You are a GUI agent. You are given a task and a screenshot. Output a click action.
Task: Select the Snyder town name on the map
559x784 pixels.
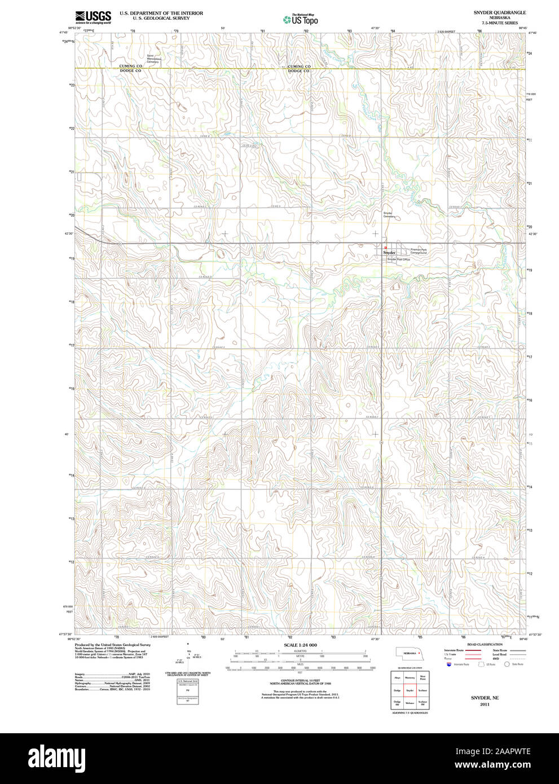point(389,253)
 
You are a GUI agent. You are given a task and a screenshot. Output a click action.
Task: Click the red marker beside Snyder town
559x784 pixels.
point(385,248)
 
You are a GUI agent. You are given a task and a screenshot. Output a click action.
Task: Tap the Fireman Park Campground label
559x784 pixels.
point(419,251)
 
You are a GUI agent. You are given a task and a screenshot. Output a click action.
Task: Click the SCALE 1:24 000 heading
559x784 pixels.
point(300,645)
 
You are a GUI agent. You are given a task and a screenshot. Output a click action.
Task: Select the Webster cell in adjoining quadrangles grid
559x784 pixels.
point(410,703)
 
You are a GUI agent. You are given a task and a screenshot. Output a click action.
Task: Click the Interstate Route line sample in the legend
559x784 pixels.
point(473,650)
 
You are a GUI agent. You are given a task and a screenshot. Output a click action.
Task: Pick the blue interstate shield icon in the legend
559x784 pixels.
point(449,665)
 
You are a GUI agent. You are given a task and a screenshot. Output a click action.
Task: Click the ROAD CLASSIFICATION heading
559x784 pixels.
point(485,645)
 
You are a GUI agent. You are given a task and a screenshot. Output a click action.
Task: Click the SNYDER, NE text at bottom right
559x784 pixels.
point(485,698)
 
